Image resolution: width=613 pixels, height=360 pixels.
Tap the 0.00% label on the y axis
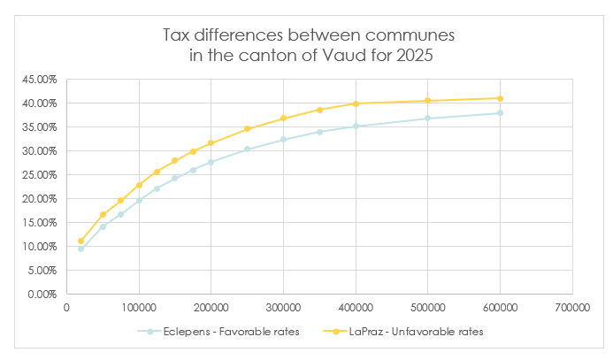pos(43,295)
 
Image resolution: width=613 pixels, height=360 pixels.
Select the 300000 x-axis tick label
pos(283,308)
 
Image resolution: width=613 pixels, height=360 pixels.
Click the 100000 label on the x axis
pos(139,308)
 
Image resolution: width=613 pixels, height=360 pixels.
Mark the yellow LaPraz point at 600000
pos(500,98)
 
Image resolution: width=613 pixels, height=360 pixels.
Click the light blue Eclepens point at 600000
pos(500,112)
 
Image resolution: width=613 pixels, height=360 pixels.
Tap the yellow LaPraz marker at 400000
pos(356,103)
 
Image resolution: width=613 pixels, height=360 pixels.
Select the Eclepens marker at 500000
pos(427,119)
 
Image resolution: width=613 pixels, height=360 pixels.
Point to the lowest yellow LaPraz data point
pos(80,241)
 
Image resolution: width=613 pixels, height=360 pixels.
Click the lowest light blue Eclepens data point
pos(80,249)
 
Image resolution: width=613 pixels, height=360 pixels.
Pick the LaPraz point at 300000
pos(283,119)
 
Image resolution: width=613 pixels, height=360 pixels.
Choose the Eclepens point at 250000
pos(248,149)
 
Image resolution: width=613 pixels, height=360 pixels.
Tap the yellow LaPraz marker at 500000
pos(427,101)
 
